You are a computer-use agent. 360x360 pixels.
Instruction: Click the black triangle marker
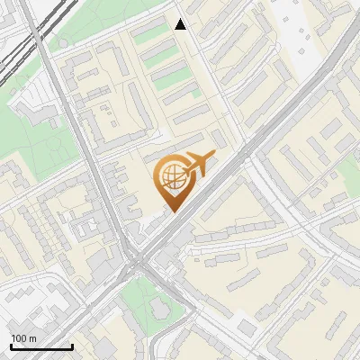[181, 24]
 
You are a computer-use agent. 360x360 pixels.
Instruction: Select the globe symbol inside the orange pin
[171, 177]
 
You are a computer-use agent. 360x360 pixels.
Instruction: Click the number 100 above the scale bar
[19, 338]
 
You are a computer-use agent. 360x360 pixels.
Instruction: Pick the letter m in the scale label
[32, 338]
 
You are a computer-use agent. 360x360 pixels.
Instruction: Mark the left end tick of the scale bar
[10, 346]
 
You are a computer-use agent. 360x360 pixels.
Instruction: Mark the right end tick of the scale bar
[72, 346]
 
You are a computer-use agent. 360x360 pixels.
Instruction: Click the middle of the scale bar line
[40, 346]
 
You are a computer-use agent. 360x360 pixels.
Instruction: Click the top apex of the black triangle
[181, 19]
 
